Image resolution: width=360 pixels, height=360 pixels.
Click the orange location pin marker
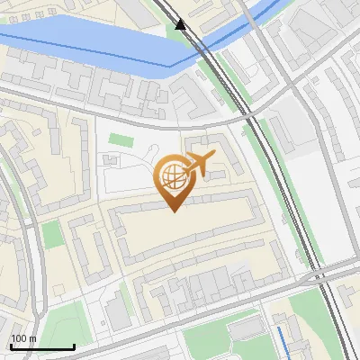(x=173, y=180)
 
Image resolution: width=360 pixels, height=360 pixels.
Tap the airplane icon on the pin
(x=200, y=163)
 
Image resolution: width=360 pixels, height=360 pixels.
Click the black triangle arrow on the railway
(x=181, y=24)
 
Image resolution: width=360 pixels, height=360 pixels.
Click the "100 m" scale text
(x=23, y=338)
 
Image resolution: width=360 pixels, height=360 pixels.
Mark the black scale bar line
(x=41, y=346)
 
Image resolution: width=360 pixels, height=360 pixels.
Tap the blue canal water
(x=90, y=45)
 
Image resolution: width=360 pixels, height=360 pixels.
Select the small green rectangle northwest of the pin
(x=121, y=140)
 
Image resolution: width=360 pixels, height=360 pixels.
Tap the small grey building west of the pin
(x=111, y=159)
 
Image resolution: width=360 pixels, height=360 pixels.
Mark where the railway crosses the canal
(x=195, y=45)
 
